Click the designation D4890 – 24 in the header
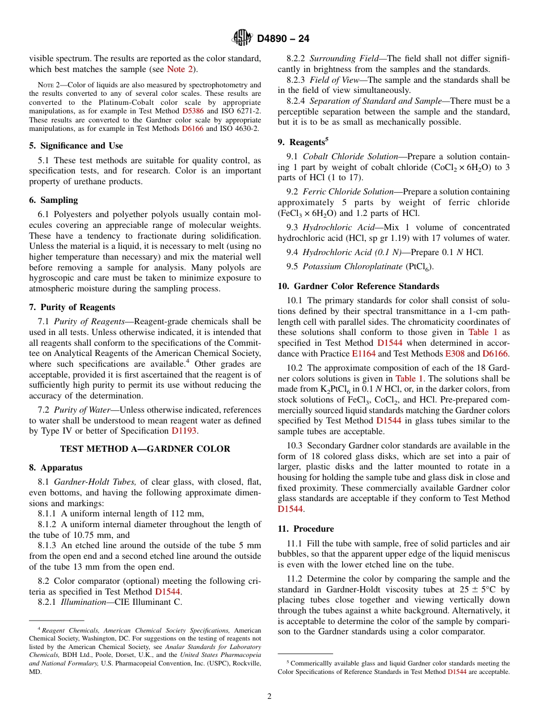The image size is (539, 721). (x=283, y=39)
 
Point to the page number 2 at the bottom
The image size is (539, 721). (x=269, y=696)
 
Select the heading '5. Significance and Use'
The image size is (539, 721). (x=76, y=146)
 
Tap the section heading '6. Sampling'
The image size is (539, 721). (x=53, y=200)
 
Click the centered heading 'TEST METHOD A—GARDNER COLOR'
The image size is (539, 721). (x=145, y=449)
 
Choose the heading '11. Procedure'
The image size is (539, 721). (x=306, y=529)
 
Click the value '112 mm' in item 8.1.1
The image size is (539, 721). (x=187, y=514)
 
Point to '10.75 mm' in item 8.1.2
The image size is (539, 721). (x=73, y=535)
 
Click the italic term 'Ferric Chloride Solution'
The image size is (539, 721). (x=348, y=192)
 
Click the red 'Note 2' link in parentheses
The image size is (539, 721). (x=180, y=69)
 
